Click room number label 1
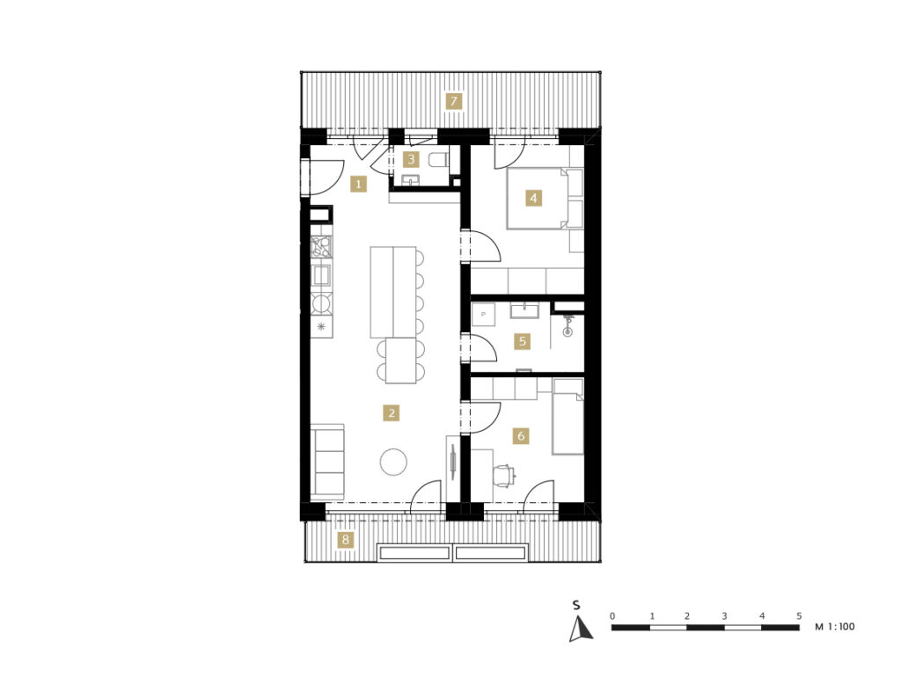tap(359, 185)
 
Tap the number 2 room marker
tap(392, 412)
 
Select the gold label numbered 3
tap(411, 159)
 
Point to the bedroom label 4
tap(534, 198)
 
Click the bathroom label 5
tap(523, 342)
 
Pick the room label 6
tap(521, 436)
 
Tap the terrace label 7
tap(454, 102)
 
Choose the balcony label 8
tap(345, 540)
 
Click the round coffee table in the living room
tap(393, 462)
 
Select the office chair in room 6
tap(503, 476)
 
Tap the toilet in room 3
tap(439, 160)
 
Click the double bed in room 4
tap(545, 199)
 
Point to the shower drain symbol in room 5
tap(568, 331)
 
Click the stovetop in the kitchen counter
tap(322, 247)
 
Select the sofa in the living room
tap(327, 461)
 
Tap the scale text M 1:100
tap(835, 627)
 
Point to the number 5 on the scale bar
tap(799, 615)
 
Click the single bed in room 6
tap(568, 416)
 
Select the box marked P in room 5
tap(483, 315)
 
